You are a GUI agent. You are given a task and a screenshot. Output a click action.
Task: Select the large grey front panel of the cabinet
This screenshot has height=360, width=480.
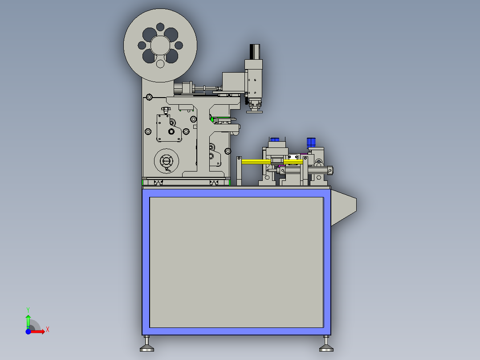[x=236, y=262]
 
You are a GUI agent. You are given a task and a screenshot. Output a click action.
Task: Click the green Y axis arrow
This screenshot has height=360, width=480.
[x=28, y=320]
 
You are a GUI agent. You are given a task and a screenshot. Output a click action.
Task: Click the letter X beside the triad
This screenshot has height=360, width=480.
[x=48, y=329]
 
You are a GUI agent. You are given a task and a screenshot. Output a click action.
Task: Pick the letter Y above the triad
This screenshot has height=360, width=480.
[x=28, y=309]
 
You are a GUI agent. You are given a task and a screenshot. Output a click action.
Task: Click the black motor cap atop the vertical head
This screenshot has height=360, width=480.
[x=255, y=51]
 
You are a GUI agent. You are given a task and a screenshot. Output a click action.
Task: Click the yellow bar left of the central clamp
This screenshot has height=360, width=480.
[x=256, y=161]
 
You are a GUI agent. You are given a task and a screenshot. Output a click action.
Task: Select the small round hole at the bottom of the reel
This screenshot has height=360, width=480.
[x=160, y=64]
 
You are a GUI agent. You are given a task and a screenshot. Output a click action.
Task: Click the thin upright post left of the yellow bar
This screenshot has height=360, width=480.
[x=239, y=171]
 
